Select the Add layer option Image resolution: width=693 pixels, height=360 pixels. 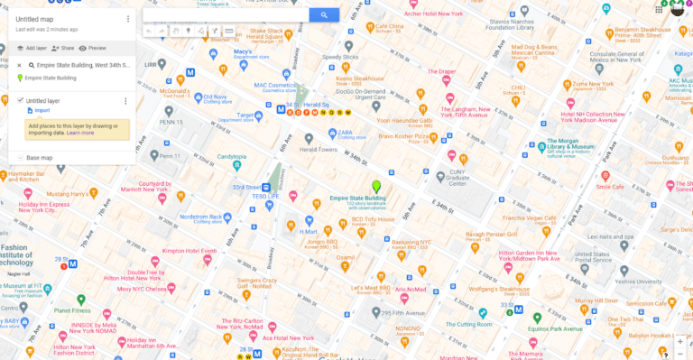click(32, 48)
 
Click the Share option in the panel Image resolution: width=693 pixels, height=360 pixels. click(63, 48)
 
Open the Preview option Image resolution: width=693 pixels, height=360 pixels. click(93, 48)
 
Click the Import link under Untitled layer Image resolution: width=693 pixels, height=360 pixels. click(42, 110)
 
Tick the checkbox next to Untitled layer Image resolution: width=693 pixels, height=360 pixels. click(20, 100)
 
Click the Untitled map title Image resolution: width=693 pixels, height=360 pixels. click(35, 19)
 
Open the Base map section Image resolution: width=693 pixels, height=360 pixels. click(40, 158)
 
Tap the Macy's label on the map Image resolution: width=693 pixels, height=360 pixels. click(242, 52)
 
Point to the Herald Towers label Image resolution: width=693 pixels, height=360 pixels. click(319, 150)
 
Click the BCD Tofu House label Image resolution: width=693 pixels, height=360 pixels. click(373, 219)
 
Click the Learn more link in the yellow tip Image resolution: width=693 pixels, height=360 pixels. click(80, 133)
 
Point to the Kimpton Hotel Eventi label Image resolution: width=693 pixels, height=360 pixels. click(189, 250)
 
